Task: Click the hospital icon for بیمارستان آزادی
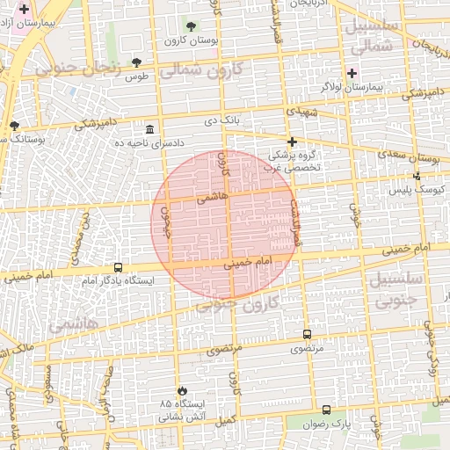tap(24, 8)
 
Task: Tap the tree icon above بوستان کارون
tap(192, 26)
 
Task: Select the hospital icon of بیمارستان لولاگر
tap(353, 72)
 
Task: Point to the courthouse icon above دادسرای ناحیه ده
tap(151, 128)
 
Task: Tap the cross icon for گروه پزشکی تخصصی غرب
tap(292, 142)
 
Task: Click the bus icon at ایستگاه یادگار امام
tap(118, 267)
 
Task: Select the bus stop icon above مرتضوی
tap(307, 334)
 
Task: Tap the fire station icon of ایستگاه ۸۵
tap(182, 389)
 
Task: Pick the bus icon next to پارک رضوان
tap(327, 410)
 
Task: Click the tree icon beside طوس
tap(135, 62)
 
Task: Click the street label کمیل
tap(227, 421)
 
